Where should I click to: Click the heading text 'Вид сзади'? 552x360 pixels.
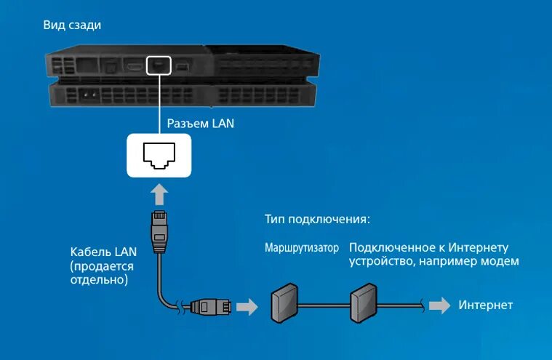pyautogui.click(x=71, y=25)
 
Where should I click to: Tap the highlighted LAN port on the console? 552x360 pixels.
pyautogui.click(x=158, y=65)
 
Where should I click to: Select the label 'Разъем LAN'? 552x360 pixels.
pyautogui.click(x=201, y=124)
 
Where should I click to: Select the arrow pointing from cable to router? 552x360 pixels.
pyautogui.click(x=248, y=306)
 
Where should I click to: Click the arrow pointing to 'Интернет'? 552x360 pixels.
pyautogui.click(x=439, y=305)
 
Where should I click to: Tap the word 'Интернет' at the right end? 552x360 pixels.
pyautogui.click(x=486, y=305)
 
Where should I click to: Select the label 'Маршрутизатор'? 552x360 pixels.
pyautogui.click(x=302, y=248)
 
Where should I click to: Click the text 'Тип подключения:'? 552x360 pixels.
pyautogui.click(x=317, y=219)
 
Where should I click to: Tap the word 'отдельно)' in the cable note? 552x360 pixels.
pyautogui.click(x=99, y=279)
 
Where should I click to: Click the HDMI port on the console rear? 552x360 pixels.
pyautogui.click(x=135, y=66)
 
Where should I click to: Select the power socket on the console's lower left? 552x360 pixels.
pyautogui.click(x=89, y=95)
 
